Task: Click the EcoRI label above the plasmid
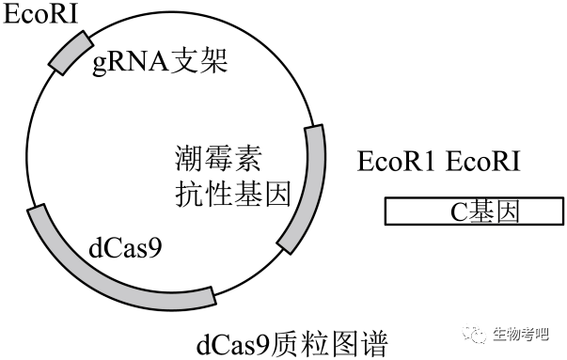40,14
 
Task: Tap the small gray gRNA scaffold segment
71,54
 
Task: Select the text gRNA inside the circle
131,62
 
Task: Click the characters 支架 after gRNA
198,60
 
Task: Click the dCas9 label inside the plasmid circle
125,248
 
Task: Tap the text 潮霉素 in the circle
218,158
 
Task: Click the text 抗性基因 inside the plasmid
233,194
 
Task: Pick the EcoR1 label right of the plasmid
396,162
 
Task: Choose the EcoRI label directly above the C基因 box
482,162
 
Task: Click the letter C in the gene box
459,211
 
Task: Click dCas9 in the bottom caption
233,344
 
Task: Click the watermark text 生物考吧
521,335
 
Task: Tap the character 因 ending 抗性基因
277,194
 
